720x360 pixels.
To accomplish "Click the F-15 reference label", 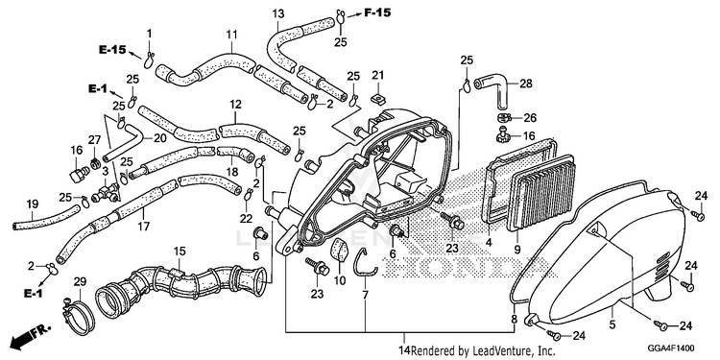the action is coord(377,12).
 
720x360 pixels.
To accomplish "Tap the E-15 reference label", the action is coord(112,50).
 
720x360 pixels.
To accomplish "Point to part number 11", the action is coord(231,35).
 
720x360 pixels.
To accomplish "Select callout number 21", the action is coord(377,75).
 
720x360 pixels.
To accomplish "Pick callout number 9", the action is coord(517,250).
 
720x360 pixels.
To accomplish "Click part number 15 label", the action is coord(180,252).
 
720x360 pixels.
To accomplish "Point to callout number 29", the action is coord(80,282).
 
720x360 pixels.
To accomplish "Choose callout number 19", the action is coord(32,204).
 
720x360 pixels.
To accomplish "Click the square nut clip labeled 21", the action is coord(378,97).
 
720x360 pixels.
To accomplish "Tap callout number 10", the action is coord(340,280).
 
